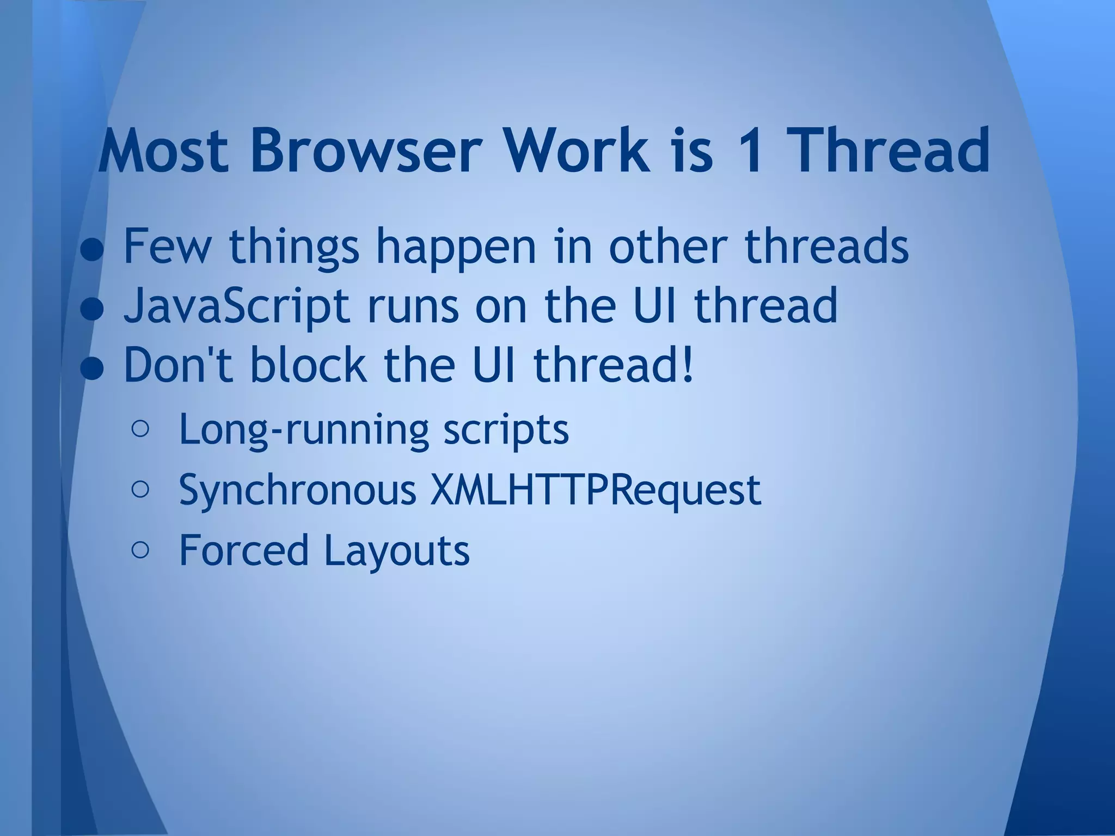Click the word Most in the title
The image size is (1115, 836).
[x=163, y=150]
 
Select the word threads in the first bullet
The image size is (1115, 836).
[x=826, y=247]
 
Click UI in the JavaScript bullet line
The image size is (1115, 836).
[x=653, y=305]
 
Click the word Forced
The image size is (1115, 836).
[x=244, y=550]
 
